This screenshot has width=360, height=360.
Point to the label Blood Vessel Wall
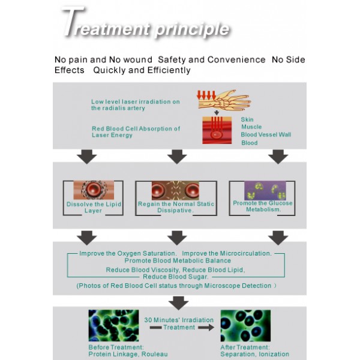tap(266, 134)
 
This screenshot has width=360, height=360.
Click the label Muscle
tap(251, 127)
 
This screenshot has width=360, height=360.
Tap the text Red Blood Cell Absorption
tap(136, 128)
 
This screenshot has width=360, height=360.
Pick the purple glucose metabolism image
tap(265, 191)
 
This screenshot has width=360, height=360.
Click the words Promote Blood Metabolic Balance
tap(178, 260)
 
